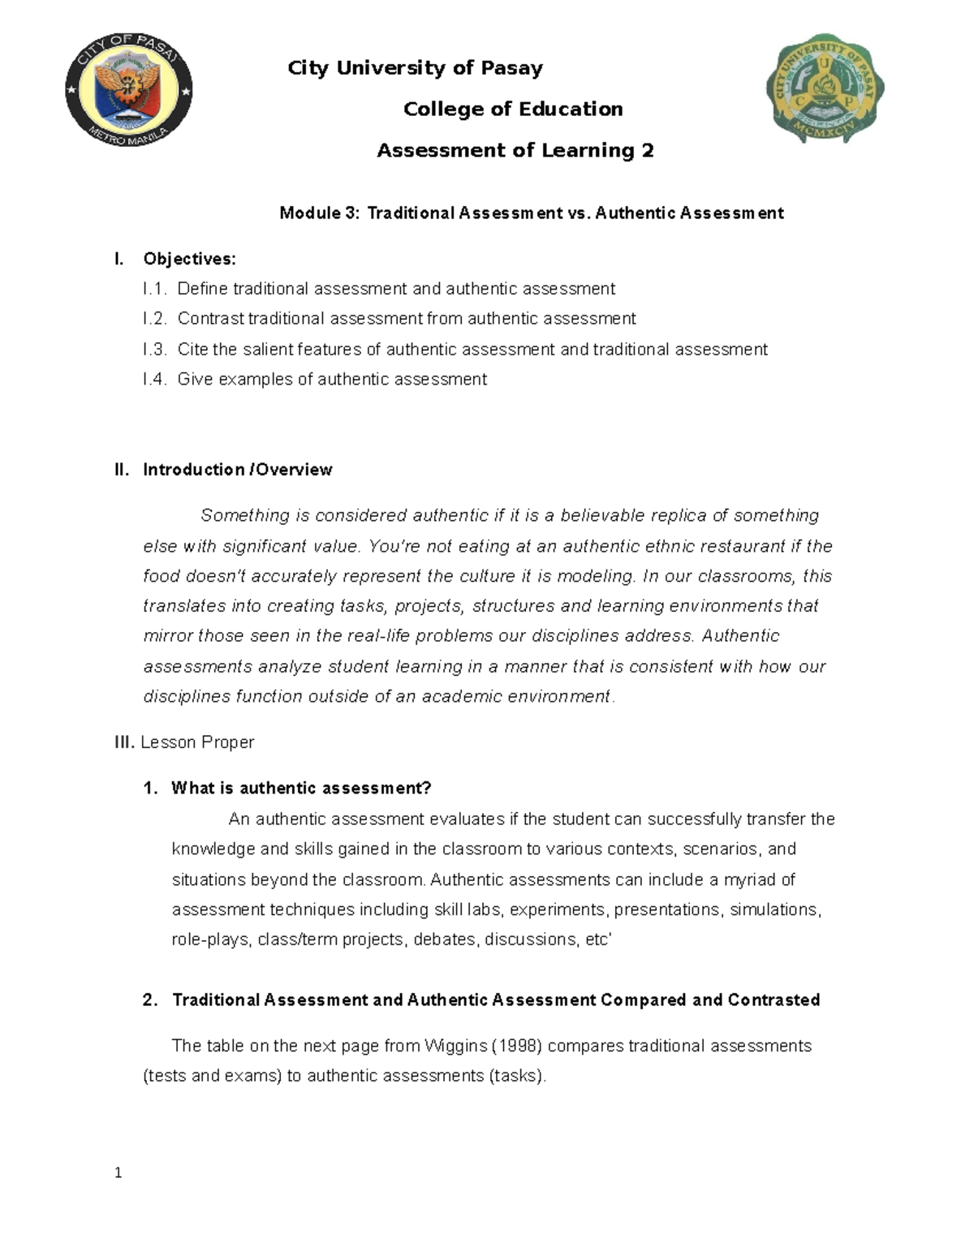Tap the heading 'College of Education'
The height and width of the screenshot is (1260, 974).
click(x=513, y=109)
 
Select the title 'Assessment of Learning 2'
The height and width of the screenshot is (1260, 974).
click(x=515, y=150)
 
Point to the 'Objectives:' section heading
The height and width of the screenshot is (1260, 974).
click(x=189, y=259)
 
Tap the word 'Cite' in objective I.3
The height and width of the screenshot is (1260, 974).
click(x=192, y=350)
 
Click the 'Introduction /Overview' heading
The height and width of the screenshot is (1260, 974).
click(x=237, y=470)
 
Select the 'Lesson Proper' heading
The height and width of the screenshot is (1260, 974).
click(x=197, y=742)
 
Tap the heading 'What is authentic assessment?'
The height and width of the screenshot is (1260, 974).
click(x=301, y=789)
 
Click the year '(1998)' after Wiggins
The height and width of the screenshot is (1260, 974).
click(x=517, y=1046)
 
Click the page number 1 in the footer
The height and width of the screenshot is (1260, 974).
click(x=119, y=1172)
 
